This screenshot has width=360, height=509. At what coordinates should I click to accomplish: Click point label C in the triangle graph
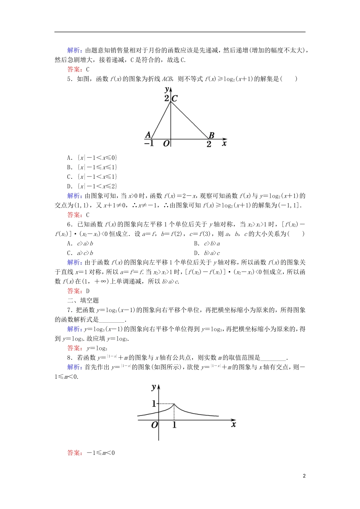point(175,98)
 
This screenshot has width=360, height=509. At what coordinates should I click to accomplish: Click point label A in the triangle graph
point(148,135)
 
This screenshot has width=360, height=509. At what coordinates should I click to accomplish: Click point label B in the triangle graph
point(211,135)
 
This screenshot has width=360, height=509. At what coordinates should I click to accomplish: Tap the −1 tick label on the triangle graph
point(149,144)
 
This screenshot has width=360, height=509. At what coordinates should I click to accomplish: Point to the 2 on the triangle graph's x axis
point(209,144)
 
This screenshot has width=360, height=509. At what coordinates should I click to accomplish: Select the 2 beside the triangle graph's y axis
point(166,98)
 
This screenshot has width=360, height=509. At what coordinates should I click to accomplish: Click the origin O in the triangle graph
point(166,144)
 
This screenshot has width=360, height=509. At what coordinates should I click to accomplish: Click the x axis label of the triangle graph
point(224,143)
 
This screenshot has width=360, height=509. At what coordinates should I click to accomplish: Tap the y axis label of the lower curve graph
point(153,387)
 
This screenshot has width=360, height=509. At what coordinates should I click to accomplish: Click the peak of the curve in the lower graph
point(174,404)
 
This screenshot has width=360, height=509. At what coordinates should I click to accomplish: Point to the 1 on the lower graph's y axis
point(154,404)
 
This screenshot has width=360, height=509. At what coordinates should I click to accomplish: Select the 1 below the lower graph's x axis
point(174,425)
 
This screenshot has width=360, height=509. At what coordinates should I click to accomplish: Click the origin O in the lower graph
point(154,425)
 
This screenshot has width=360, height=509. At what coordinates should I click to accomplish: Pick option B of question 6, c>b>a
point(207,244)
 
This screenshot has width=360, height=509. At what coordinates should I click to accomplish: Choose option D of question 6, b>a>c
point(207,253)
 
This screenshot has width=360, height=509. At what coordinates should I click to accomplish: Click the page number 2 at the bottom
point(304,476)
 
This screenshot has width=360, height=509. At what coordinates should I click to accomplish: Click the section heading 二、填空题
point(83,300)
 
